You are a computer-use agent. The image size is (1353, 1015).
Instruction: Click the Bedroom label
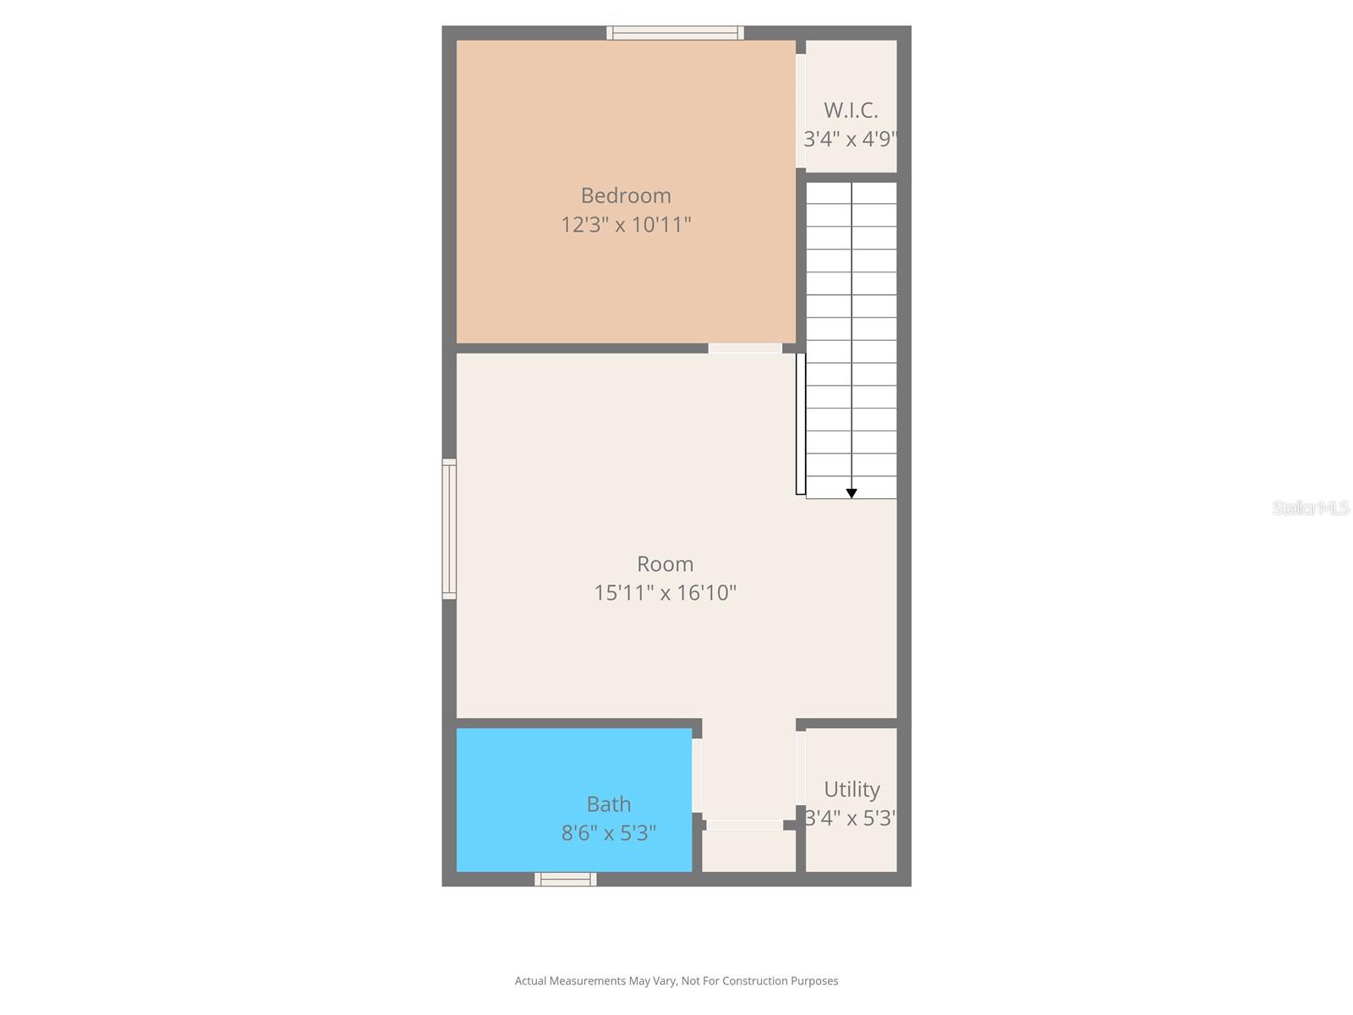tap(626, 195)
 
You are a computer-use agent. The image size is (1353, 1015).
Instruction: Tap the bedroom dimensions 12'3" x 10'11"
tap(626, 225)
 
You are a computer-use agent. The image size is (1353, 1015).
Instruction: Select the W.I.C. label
tap(851, 110)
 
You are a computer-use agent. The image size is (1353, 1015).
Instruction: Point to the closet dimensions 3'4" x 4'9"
tap(850, 139)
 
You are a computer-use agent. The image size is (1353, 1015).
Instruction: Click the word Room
tap(665, 564)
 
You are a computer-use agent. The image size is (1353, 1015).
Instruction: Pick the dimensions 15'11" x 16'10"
tap(665, 593)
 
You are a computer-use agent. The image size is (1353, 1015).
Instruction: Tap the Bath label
tap(609, 804)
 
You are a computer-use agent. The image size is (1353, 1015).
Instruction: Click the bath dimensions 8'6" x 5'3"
tap(609, 833)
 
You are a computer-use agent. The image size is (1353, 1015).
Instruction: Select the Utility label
tap(852, 789)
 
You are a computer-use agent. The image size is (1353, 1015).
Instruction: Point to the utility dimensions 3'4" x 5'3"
tap(851, 819)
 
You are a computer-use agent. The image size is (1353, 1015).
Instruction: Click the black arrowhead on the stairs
tap(852, 493)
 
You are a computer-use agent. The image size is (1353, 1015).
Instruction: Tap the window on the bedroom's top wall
tap(675, 33)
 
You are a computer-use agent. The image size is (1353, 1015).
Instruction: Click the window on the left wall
tap(449, 529)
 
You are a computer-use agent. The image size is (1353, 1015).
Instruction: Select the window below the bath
tap(566, 880)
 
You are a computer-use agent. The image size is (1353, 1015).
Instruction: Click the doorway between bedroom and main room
tap(745, 348)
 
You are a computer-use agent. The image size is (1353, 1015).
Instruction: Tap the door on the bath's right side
tap(697, 776)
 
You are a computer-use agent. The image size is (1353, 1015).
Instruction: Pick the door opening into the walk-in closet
tap(801, 111)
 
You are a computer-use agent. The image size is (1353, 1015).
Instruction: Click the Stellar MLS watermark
tap(1311, 507)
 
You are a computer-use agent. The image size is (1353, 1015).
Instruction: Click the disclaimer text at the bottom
tap(676, 981)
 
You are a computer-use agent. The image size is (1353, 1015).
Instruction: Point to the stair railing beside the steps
tap(800, 424)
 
